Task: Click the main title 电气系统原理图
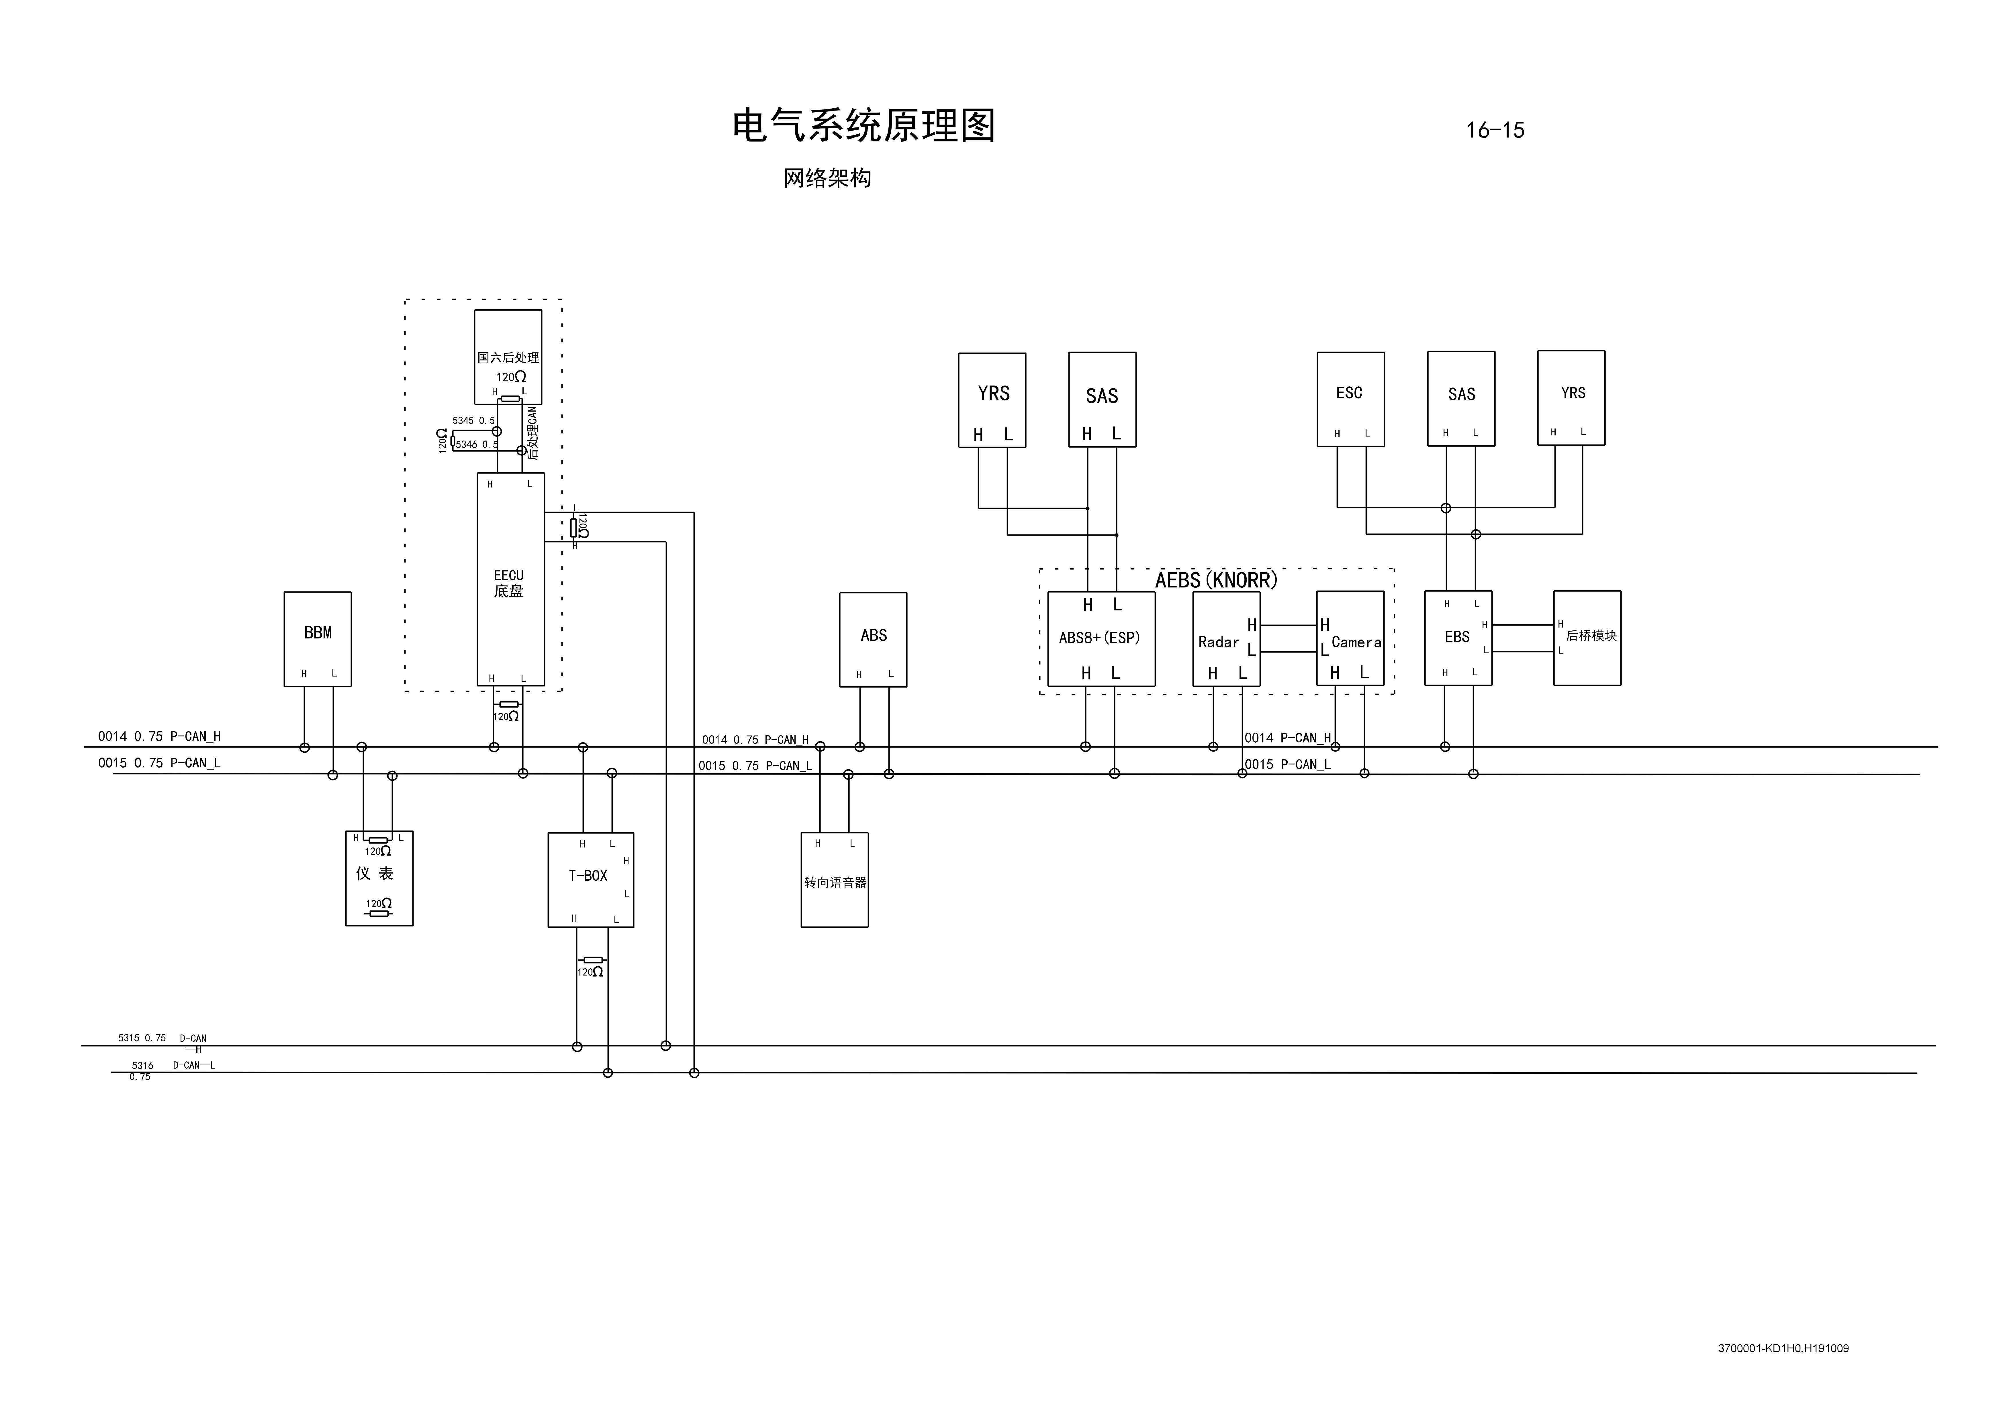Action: (863, 126)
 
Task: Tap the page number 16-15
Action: (1495, 130)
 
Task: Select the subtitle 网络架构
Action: (827, 179)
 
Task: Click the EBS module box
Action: (1457, 637)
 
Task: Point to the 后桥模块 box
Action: (1587, 637)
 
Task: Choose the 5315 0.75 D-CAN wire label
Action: (162, 1038)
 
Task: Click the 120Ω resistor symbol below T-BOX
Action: (593, 960)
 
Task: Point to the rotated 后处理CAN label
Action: (532, 432)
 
